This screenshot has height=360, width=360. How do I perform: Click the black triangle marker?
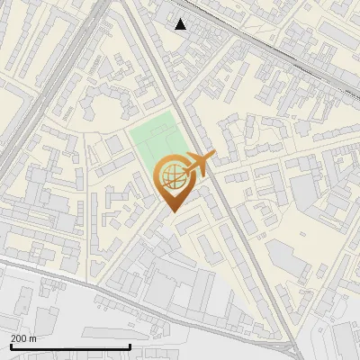tap(181, 24)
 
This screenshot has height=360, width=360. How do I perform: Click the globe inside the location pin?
tap(172, 175)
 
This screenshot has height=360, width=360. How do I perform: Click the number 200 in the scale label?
tap(19, 338)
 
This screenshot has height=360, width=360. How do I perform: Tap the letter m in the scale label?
tap(33, 338)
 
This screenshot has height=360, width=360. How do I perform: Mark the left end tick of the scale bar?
tap(10, 346)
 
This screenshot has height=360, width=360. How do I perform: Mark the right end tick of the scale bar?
tap(130, 346)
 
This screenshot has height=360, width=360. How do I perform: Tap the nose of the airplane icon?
tap(214, 159)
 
